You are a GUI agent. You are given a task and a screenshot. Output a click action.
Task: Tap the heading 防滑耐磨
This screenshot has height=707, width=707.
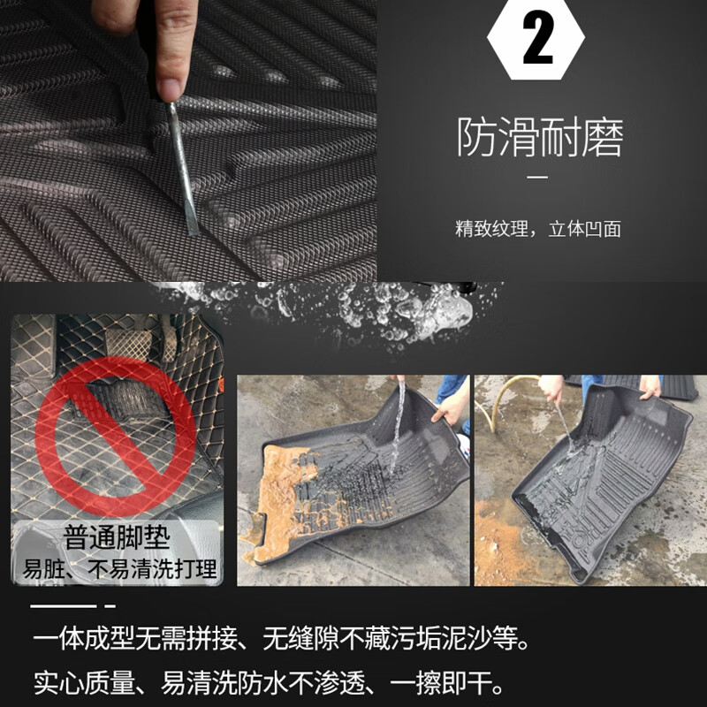[x=540, y=138]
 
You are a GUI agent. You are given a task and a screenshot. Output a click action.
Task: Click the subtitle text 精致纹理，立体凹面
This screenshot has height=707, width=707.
[x=538, y=229]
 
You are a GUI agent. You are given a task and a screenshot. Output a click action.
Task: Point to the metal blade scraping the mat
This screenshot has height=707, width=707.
[x=185, y=168]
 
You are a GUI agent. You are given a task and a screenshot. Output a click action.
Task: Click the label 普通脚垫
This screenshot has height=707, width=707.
[x=116, y=538]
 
